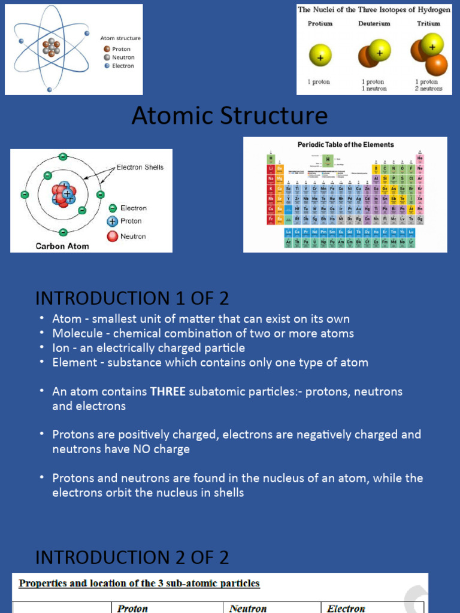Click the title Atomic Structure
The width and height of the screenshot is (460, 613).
click(x=229, y=116)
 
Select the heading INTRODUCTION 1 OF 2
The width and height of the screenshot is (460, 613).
click(x=132, y=298)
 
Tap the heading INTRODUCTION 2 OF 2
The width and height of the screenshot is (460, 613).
click(x=132, y=557)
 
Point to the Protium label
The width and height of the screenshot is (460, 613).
click(x=320, y=24)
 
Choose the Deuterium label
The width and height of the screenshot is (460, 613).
click(x=374, y=24)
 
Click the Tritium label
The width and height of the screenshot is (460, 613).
click(x=428, y=24)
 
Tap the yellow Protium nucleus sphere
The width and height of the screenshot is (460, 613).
click(x=320, y=55)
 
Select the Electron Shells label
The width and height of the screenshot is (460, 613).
click(x=140, y=167)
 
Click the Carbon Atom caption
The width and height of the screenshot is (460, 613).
click(x=62, y=245)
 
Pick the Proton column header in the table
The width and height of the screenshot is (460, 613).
click(x=132, y=608)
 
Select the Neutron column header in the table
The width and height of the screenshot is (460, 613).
click(x=248, y=608)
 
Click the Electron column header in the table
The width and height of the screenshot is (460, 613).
click(x=346, y=608)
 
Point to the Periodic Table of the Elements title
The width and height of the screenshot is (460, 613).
click(x=346, y=145)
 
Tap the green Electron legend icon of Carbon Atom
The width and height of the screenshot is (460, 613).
click(x=113, y=208)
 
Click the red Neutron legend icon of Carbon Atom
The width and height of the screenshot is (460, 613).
click(x=113, y=236)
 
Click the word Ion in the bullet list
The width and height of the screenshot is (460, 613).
click(x=59, y=348)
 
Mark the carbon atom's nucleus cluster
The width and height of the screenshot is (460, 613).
click(x=63, y=194)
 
